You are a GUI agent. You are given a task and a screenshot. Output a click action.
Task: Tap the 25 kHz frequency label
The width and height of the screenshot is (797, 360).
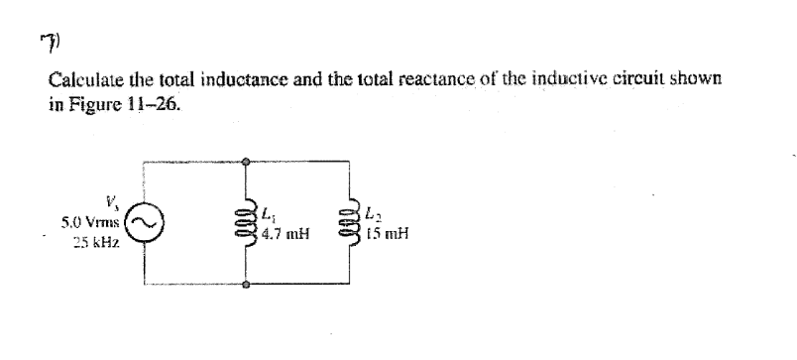(93, 241)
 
